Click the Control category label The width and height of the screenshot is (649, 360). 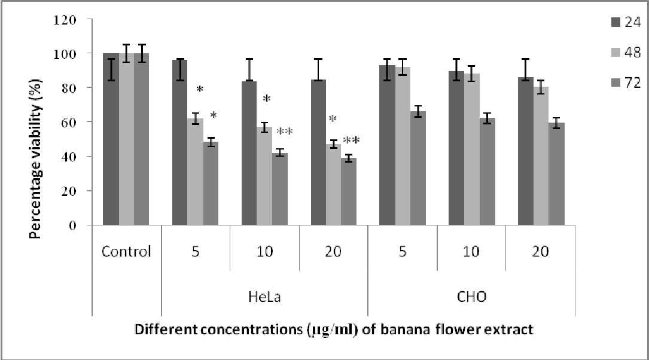[126, 251]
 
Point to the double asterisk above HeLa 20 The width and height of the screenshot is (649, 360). [351, 141]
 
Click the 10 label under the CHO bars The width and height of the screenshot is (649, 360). [471, 251]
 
